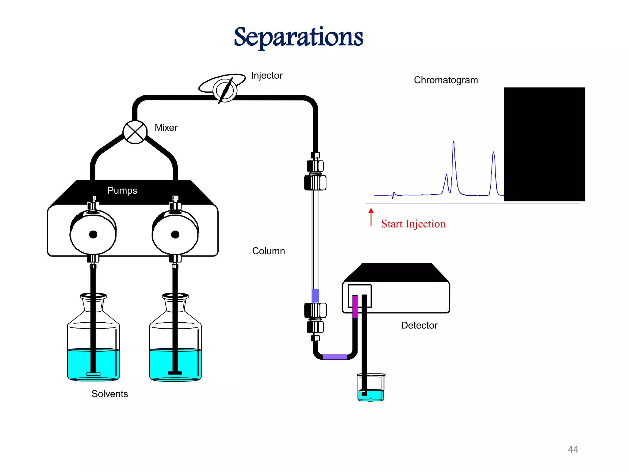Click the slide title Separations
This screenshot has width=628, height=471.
pos(298,37)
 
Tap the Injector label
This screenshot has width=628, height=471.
pos(266,75)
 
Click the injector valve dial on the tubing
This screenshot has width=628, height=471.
pos(225,90)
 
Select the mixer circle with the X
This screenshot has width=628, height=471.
pos(135,132)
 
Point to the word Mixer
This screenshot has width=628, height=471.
pos(166,128)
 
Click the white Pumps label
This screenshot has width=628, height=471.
pos(122,190)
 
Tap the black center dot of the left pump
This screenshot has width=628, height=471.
pos(93,235)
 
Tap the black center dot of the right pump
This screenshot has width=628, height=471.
pos(175,235)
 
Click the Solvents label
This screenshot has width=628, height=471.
pos(110,394)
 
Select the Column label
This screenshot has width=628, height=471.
pos(268,251)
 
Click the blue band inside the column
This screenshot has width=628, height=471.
pos(315,295)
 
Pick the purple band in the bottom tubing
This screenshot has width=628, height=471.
pos(335,357)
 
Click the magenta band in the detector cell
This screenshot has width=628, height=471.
pos(355,306)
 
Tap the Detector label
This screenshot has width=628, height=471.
pos(419,325)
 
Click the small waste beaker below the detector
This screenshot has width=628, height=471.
pos(371,388)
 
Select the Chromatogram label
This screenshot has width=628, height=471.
pos(446,80)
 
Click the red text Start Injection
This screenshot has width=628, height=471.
pos(413,224)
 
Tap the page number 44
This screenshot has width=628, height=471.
pos(573,450)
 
